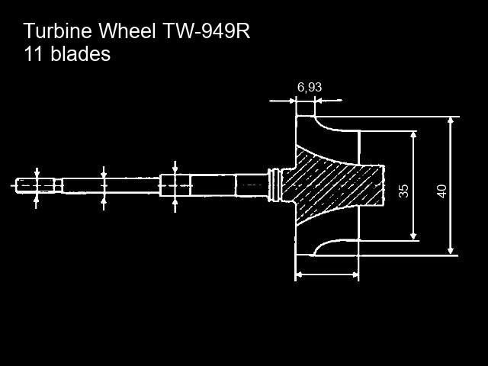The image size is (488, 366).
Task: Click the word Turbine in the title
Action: tap(58, 30)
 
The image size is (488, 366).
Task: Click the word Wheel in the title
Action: tap(127, 30)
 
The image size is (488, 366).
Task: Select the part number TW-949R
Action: tap(207, 30)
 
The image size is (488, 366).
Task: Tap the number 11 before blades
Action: tap(34, 54)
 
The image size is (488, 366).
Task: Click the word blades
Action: tap(81, 54)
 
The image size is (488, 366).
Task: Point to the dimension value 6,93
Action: tap(310, 88)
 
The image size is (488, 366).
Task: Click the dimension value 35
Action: tap(403, 191)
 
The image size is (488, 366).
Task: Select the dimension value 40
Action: tap(441, 191)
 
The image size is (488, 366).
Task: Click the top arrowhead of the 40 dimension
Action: tap(451, 120)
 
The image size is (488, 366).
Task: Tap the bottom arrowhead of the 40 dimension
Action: tap(450, 251)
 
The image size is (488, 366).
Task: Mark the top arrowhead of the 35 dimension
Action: tap(413, 135)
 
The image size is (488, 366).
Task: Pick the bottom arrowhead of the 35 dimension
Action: tap(413, 236)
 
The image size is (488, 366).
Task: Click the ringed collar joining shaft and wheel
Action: tap(274, 185)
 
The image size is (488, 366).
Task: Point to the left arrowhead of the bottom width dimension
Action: tap(299, 274)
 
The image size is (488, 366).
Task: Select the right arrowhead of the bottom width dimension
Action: tap(355, 274)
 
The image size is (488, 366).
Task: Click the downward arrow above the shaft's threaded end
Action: tap(37, 173)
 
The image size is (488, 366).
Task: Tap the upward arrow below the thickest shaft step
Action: tap(175, 205)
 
